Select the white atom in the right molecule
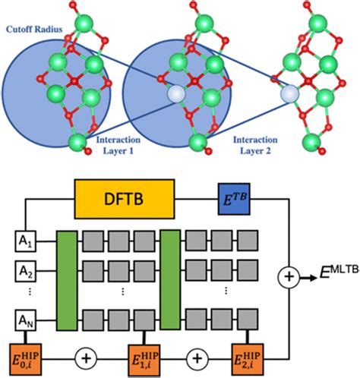[289, 94]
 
